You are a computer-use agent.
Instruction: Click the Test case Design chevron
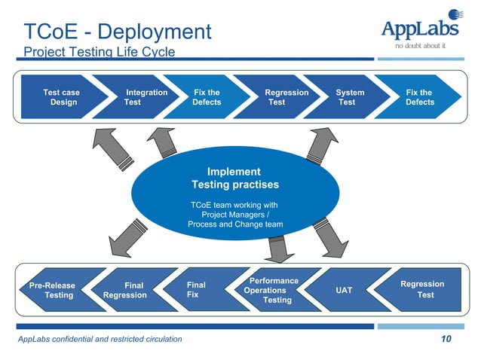(62, 97)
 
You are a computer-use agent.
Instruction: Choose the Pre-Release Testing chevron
(55, 290)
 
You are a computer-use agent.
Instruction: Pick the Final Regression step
(128, 290)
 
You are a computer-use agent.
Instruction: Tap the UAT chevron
(343, 290)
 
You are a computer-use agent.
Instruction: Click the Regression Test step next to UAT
(422, 290)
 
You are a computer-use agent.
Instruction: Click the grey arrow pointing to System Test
(322, 146)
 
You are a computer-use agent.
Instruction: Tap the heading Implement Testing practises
(234, 178)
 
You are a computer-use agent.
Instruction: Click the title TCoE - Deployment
(117, 32)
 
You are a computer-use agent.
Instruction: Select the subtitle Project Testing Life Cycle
(99, 52)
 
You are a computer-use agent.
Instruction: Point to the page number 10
(446, 339)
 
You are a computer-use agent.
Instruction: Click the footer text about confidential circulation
(100, 340)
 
